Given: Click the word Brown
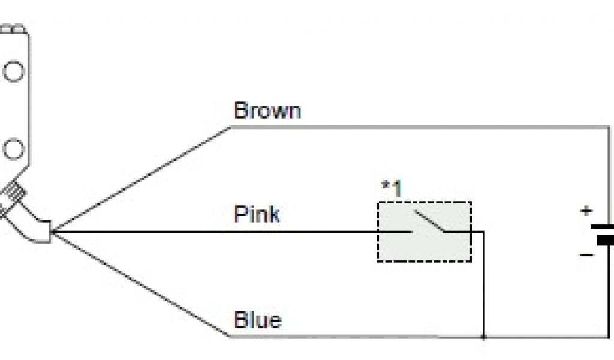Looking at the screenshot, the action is coord(267,111).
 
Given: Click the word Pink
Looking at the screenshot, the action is coord(256,214).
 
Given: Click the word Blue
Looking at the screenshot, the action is coord(257,319).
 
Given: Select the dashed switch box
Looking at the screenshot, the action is coord(424,232).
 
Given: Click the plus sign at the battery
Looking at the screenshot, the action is coord(586,211).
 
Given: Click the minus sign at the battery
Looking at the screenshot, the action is coord(586,255).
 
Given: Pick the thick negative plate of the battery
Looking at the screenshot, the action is coord(606,241).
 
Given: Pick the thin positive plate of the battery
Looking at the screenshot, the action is coord(603,227).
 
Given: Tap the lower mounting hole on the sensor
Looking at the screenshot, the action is coord(13,148).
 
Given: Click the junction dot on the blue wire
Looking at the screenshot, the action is coord(483,337).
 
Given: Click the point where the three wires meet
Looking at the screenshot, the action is coord(54,231).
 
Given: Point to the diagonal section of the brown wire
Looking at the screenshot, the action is coord(144,178).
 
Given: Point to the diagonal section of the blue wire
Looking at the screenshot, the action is coord(144,284).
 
